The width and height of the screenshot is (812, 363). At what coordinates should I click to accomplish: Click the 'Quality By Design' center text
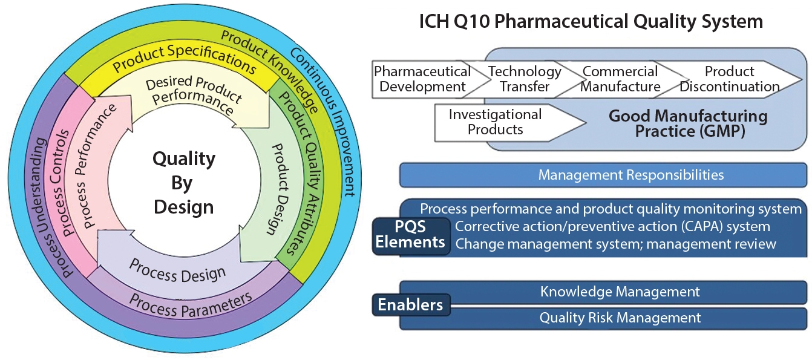183,183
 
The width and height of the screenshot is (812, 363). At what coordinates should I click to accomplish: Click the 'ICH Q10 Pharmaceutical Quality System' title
591,22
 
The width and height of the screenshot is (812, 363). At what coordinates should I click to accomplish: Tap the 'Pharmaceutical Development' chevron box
422,79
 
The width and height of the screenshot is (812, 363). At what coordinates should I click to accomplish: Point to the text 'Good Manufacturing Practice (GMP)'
687,123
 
